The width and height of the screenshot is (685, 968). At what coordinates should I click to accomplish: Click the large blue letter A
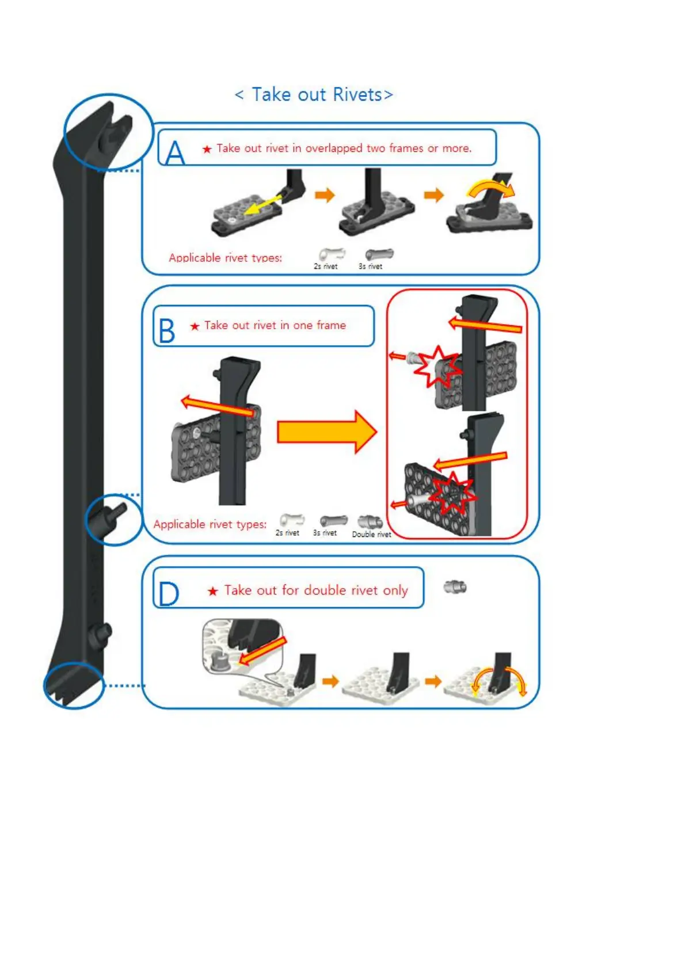tap(174, 153)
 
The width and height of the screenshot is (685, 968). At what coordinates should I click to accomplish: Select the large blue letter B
tap(166, 330)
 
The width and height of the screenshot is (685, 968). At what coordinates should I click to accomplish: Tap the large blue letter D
tap(168, 593)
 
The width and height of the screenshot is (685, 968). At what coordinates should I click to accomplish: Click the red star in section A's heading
tap(207, 149)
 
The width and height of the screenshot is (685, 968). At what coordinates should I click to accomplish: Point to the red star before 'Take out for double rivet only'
tap(213, 591)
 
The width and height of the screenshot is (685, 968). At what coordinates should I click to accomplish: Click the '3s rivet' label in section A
tap(370, 266)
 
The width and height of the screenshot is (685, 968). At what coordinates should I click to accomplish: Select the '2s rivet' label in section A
tap(325, 266)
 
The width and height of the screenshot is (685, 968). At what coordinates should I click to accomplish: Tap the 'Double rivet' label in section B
tap(371, 535)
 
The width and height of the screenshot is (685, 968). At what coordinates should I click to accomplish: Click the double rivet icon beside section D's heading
tap(455, 588)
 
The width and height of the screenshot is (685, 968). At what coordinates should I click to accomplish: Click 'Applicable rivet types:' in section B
tap(210, 524)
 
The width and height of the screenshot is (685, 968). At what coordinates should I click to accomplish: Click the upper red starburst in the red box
tap(439, 366)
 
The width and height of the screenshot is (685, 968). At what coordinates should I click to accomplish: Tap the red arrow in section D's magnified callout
tap(262, 650)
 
